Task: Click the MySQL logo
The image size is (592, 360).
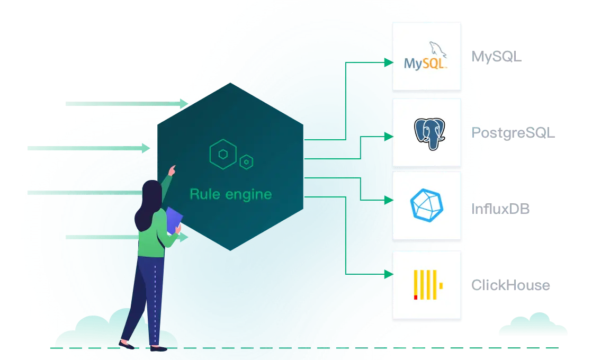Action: pyautogui.click(x=426, y=57)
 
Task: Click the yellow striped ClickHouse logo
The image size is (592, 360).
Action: pyautogui.click(x=428, y=285)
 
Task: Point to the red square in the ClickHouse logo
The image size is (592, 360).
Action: pyautogui.click(x=416, y=297)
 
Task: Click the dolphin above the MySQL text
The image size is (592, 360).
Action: pyautogui.click(x=437, y=49)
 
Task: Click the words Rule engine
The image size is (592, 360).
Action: pyautogui.click(x=230, y=194)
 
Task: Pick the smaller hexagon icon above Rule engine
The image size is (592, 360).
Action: pyautogui.click(x=246, y=162)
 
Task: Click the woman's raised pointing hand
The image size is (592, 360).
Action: pyautogui.click(x=172, y=170)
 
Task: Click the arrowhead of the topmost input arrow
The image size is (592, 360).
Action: pyautogui.click(x=184, y=103)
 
